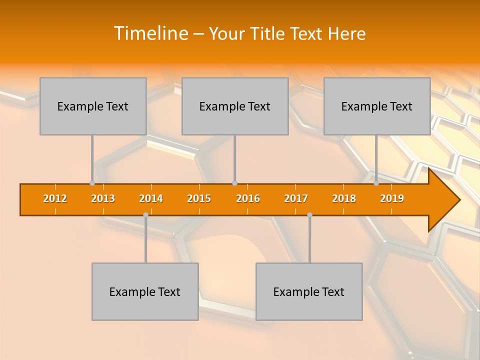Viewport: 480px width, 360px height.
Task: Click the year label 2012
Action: point(55,199)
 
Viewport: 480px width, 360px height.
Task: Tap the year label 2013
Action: point(103,199)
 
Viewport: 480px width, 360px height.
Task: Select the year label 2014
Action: point(151,199)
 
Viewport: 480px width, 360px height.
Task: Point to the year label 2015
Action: point(199,199)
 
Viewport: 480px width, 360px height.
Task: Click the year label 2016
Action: point(248,199)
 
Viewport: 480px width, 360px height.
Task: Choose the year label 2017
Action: point(296,199)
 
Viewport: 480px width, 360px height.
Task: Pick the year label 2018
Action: point(344,199)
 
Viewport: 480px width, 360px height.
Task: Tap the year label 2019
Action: point(392,199)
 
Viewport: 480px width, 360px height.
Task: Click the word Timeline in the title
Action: point(150,33)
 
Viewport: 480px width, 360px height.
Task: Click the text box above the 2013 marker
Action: point(93,106)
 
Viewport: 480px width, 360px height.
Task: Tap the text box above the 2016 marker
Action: point(235,106)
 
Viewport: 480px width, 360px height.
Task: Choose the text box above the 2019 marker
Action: point(377,106)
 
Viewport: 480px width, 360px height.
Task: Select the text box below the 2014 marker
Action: point(145,291)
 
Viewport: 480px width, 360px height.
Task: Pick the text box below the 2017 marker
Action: point(309,291)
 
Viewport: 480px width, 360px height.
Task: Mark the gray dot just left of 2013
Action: point(92,183)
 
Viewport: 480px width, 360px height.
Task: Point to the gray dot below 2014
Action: point(145,215)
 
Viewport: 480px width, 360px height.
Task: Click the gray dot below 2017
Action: point(309,215)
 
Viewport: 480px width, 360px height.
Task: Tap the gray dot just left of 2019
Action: point(376,183)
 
